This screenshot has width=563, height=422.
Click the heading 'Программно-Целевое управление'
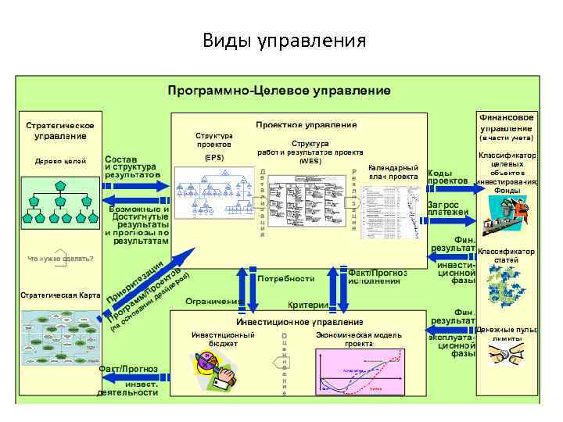(x=279, y=91)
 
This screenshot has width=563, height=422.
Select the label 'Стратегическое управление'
(x=60, y=131)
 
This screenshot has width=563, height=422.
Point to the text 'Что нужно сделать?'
(x=60, y=258)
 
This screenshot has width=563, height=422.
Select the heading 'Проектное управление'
(x=306, y=124)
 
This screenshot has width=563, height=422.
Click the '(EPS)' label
(x=213, y=158)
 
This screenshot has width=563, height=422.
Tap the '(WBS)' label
(x=310, y=161)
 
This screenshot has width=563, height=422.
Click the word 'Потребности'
(x=285, y=278)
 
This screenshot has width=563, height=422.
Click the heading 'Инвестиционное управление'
(x=299, y=322)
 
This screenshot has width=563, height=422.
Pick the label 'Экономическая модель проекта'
(x=359, y=339)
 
